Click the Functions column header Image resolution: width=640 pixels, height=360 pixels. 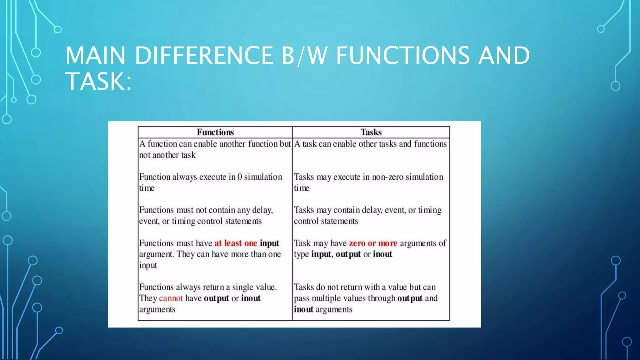[x=215, y=132]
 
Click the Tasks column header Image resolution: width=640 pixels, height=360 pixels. [x=371, y=132]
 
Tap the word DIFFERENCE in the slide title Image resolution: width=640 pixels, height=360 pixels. [x=204, y=55]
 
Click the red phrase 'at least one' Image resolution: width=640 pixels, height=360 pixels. [x=236, y=243]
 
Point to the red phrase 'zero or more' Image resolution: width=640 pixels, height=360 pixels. [x=373, y=243]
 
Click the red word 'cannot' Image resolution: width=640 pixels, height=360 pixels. [x=171, y=298]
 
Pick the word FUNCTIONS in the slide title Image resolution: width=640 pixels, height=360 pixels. [x=403, y=55]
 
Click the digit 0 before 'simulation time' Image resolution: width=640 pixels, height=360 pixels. [x=240, y=177]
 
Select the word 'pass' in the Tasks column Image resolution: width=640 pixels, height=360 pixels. [x=302, y=298]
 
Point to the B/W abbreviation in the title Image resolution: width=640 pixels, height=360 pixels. [x=304, y=55]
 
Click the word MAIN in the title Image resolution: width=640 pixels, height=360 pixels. [x=95, y=55]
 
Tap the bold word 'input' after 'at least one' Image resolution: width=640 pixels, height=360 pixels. [x=269, y=243]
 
